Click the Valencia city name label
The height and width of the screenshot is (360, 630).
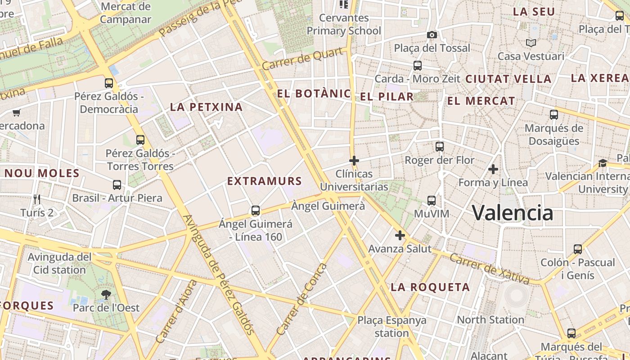[513, 212]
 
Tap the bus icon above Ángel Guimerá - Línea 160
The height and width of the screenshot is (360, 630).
[256, 210]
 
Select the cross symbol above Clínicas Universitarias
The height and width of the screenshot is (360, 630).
[354, 160]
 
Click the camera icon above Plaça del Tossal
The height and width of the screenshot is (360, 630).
[432, 35]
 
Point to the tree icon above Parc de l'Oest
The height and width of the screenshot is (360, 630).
[106, 295]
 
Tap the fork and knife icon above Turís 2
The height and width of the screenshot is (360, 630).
[37, 199]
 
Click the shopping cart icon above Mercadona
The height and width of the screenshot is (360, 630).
[17, 112]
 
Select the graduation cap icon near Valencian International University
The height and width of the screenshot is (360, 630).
[603, 162]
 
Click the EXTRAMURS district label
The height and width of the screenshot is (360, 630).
[264, 181]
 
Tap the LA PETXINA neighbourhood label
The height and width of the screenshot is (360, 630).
[206, 107]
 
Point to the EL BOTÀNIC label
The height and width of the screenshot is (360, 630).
[314, 94]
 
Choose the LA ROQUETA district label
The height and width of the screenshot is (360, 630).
[430, 287]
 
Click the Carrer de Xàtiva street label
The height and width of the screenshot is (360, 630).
[490, 269]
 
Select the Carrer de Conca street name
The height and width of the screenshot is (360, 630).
[302, 299]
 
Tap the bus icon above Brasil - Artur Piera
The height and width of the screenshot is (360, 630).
[117, 184]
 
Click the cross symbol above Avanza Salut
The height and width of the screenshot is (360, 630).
[400, 235]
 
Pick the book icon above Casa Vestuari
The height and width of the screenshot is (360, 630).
[531, 43]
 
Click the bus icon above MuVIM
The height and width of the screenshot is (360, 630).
[432, 200]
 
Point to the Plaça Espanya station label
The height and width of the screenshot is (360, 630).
[392, 327]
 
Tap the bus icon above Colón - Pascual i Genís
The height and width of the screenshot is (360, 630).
[578, 249]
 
